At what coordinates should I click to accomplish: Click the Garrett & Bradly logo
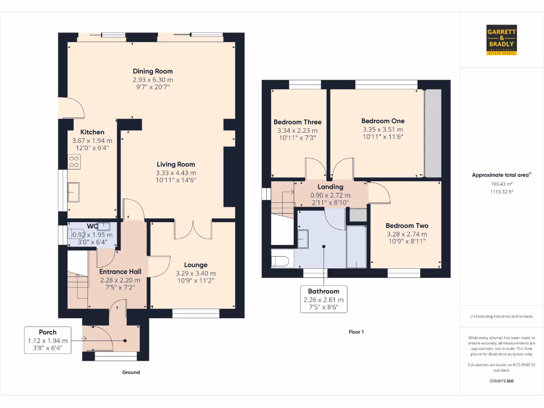tap(501, 40)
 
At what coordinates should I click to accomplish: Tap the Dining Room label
tap(152, 71)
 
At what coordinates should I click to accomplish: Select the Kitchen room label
tap(92, 132)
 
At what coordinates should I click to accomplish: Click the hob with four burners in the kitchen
tap(74, 161)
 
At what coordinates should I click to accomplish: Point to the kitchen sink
tap(73, 191)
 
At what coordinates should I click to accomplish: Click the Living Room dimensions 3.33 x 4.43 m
tap(175, 173)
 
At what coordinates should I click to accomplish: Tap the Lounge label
tap(195, 265)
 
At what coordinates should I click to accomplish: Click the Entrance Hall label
tap(120, 272)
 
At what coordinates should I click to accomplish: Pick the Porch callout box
tap(48, 340)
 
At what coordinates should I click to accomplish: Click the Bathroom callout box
tap(324, 299)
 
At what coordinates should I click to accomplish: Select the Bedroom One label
tap(382, 121)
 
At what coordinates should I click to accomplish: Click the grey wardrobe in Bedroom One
tap(432, 133)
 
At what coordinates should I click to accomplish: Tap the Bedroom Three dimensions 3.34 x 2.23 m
tap(297, 131)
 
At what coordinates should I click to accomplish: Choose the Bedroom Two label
tap(406, 226)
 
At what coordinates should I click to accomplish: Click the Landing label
tap(330, 187)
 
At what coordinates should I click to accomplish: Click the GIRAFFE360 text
tap(501, 381)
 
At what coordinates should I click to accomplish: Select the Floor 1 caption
tap(356, 332)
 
